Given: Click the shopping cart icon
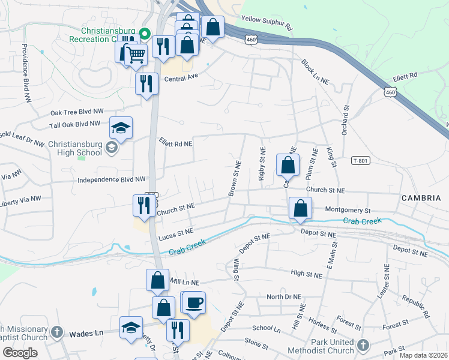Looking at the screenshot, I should (137, 55).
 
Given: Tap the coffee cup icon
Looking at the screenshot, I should (194, 302).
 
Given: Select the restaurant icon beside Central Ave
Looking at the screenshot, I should (146, 84).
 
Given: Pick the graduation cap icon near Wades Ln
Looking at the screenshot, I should (131, 328).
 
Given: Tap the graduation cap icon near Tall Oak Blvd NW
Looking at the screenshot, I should (121, 128).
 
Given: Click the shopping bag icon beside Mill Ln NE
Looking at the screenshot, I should (157, 280).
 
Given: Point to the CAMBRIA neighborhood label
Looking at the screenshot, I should (421, 198).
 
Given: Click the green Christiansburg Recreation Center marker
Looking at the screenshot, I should (144, 33).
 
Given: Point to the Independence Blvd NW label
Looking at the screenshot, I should (112, 179).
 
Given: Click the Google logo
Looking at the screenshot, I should (20, 353).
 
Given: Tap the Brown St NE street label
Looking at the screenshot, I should (234, 178).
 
